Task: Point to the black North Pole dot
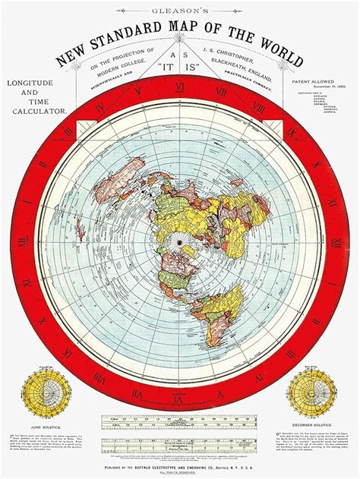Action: point(179,242)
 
